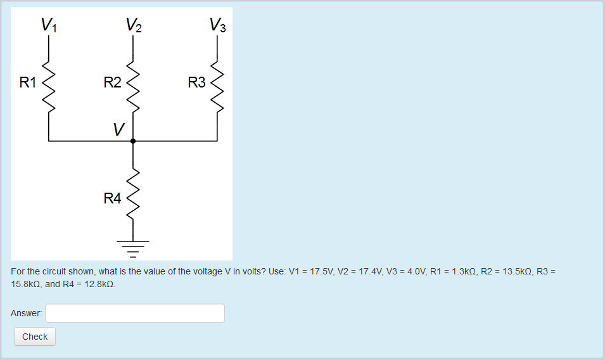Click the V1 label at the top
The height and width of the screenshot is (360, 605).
click(49, 25)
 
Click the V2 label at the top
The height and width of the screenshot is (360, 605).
click(134, 25)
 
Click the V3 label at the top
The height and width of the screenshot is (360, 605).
click(217, 25)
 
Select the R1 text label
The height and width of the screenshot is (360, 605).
click(28, 82)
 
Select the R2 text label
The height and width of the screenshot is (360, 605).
click(112, 82)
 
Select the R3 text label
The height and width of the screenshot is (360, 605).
click(196, 82)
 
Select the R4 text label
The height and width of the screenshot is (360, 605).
click(112, 199)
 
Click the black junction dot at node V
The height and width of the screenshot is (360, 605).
click(133, 141)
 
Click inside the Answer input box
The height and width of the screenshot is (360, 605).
click(135, 313)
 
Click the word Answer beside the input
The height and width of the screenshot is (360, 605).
click(27, 313)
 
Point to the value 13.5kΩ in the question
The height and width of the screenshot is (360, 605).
click(513, 271)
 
